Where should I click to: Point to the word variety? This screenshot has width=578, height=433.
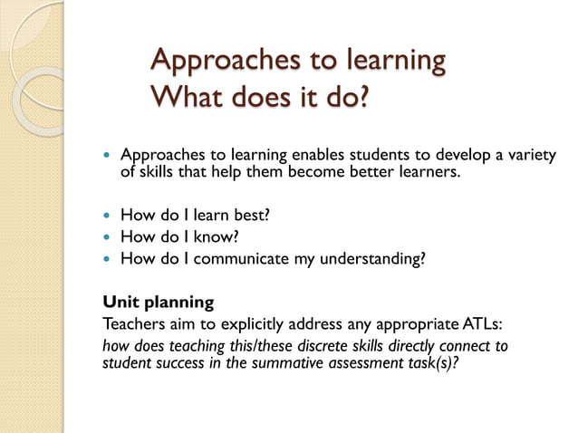click(529, 156)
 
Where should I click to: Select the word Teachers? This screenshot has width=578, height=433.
click(134, 322)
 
